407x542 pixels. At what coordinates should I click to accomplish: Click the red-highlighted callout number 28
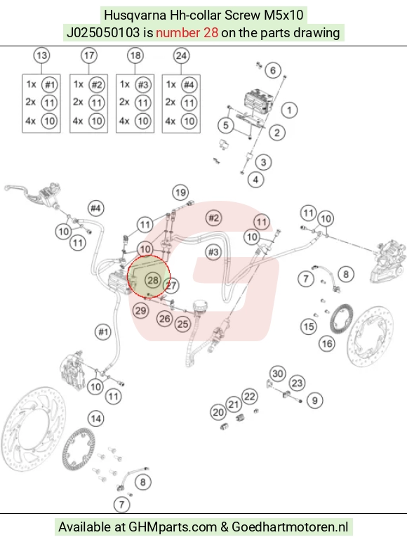click(153, 280)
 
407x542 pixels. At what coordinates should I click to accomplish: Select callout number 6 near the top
click(272, 70)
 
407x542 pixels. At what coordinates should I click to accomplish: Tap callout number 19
click(180, 192)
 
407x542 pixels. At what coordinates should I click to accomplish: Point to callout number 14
click(95, 418)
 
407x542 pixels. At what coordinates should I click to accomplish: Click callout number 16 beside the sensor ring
click(327, 343)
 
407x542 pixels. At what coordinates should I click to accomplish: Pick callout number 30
click(278, 374)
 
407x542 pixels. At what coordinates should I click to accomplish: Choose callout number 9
click(314, 400)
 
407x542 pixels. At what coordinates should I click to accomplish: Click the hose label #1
click(103, 332)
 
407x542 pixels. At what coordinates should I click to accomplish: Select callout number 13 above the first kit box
click(41, 55)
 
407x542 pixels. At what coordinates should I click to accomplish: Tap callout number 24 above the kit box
click(181, 55)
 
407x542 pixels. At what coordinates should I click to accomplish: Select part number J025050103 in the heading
click(103, 33)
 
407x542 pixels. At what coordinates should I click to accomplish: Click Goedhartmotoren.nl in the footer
click(290, 527)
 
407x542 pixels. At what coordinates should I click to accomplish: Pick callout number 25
click(182, 324)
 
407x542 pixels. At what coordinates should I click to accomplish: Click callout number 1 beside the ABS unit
click(289, 110)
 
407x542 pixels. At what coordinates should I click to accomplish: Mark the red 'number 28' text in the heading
click(187, 33)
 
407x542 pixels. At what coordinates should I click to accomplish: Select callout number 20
click(218, 412)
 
